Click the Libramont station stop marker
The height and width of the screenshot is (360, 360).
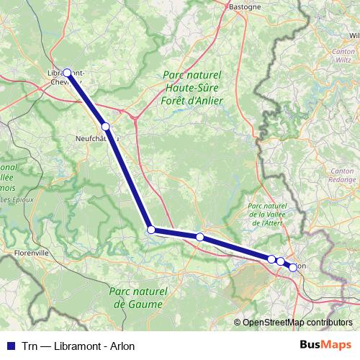[67, 72]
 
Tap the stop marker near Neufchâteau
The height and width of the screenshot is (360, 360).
[105, 126]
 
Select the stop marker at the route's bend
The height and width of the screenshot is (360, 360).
[151, 230]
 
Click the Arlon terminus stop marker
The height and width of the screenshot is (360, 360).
[293, 267]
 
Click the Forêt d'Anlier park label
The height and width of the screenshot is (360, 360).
[192, 101]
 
